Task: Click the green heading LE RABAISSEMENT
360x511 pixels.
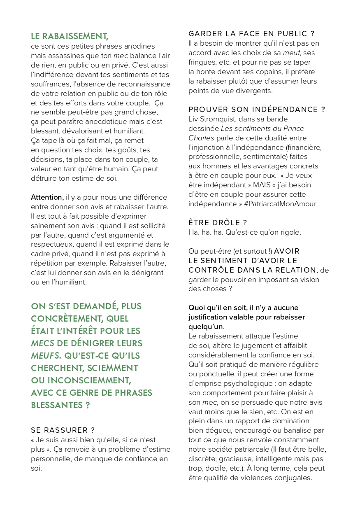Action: pyautogui.click(x=70, y=36)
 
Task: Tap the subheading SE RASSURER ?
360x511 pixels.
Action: pyautogui.click(x=63, y=430)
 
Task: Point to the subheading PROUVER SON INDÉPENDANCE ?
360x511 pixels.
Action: pyautogui.click(x=256, y=110)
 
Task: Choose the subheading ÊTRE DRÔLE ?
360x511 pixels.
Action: pyautogui.click(x=217, y=223)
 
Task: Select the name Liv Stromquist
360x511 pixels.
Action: pyautogui.click(x=213, y=119)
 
